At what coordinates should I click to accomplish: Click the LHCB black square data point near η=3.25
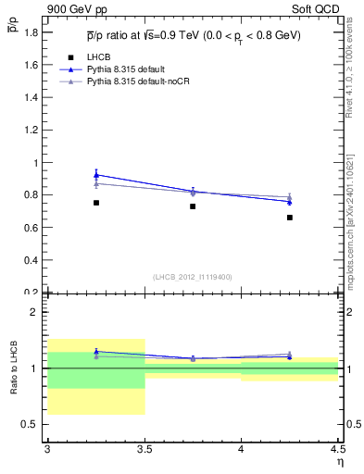pos(95,203)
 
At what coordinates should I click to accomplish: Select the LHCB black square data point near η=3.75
pos(193,206)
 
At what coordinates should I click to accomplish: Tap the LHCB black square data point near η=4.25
pos(290,218)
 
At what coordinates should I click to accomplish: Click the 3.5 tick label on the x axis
pos(144,449)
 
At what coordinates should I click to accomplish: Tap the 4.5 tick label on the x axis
pos(337,449)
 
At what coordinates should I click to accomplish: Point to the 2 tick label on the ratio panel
pos(35,312)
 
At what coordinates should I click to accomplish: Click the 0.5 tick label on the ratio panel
pos(31,425)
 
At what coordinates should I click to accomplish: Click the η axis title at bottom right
pos(339,460)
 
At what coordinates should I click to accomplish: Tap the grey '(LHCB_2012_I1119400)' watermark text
pos(193,277)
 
